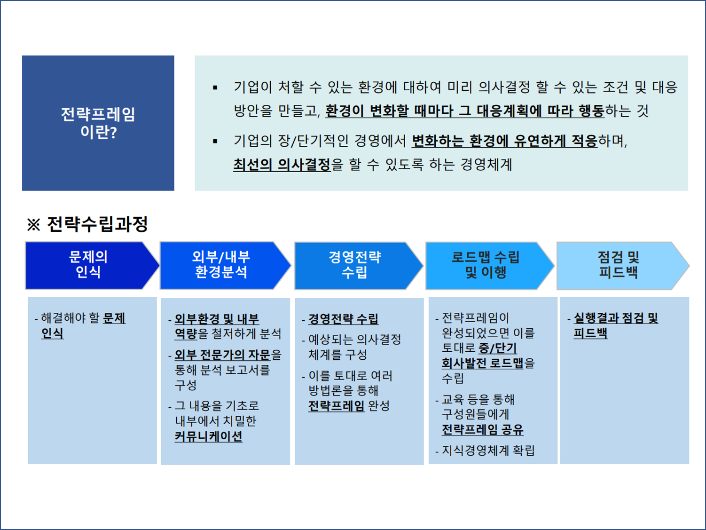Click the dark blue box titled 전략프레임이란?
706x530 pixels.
click(98, 123)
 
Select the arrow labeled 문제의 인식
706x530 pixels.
click(88, 265)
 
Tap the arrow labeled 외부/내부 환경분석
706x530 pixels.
click(221, 265)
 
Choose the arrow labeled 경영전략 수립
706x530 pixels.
click(354, 265)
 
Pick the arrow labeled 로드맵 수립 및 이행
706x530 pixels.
click(486, 265)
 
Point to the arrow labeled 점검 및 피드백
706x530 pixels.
click(618, 265)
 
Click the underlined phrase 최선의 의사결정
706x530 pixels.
click(282, 165)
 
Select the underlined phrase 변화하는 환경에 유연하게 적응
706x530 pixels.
click(504, 141)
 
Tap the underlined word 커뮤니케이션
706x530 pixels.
click(208, 436)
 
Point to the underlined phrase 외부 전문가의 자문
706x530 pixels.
click(222, 355)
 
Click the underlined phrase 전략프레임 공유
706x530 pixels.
click(482, 430)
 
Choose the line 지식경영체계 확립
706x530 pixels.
click(488, 451)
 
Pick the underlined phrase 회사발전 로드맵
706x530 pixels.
click(482, 363)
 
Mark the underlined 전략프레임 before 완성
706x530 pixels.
click(336, 406)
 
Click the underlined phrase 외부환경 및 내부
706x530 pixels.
click(217, 319)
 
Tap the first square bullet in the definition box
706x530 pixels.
click(215, 87)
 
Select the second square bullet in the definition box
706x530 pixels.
click(215, 141)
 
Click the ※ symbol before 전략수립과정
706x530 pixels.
click(33, 225)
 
